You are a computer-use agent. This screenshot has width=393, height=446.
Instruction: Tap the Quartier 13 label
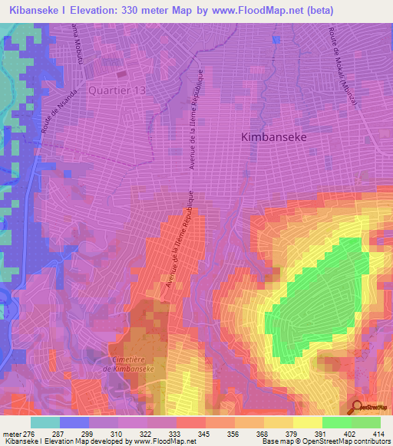click(117, 90)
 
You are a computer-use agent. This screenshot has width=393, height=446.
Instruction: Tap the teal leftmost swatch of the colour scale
click(45, 422)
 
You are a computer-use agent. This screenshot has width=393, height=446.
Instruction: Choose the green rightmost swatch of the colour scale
click(365, 422)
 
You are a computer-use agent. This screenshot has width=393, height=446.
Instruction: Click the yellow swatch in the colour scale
click(307, 422)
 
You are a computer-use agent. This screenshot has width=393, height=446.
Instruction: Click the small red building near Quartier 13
click(123, 74)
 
